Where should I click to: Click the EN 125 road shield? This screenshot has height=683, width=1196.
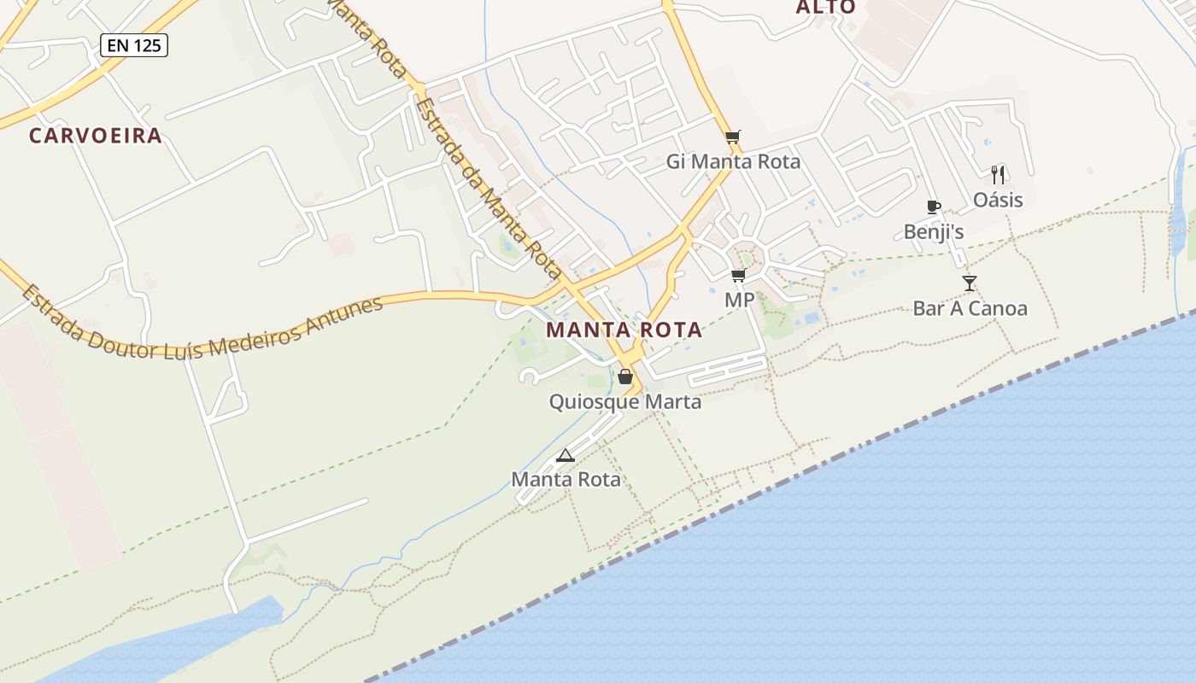click(134, 45)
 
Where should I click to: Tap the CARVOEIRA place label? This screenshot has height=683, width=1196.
click(96, 136)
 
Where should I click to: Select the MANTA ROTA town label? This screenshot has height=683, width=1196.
click(624, 330)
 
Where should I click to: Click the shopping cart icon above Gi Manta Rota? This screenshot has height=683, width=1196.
click(732, 137)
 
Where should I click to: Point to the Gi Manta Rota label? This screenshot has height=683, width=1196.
click(733, 161)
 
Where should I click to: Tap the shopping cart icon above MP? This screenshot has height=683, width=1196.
click(738, 275)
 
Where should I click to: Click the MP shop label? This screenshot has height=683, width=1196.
click(739, 300)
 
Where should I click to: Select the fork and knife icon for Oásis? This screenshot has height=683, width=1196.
click(998, 175)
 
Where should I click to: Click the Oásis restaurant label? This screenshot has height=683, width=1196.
click(998, 201)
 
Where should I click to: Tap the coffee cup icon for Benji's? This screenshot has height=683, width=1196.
click(933, 207)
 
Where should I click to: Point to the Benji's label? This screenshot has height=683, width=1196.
click(934, 231)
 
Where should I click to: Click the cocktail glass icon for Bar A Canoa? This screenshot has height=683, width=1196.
click(969, 283)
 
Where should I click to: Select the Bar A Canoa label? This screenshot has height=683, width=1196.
click(970, 308)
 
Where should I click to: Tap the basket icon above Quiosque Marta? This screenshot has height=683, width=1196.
click(625, 377)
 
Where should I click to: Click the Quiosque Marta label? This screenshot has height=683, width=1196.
click(625, 402)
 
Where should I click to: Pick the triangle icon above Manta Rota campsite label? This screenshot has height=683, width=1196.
click(565, 455)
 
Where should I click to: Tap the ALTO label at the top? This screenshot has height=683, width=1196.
click(825, 8)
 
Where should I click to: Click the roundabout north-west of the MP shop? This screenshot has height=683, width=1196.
click(747, 258)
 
